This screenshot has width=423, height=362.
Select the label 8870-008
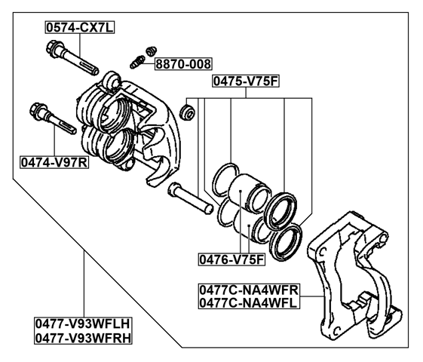click(183, 64)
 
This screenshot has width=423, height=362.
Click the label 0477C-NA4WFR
click(249, 290)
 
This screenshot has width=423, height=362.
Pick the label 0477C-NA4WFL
click(249, 303)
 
